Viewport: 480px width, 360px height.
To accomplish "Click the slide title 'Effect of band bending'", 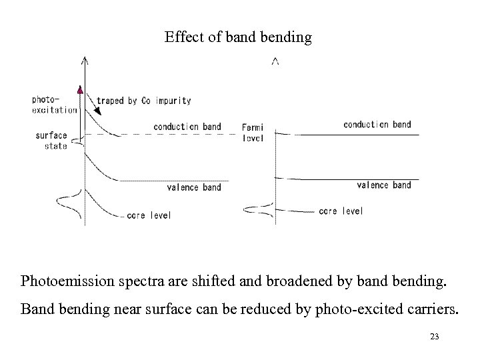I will [238, 37].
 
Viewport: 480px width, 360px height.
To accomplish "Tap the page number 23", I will [435, 337].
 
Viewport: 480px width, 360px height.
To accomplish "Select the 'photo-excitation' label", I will [53, 105].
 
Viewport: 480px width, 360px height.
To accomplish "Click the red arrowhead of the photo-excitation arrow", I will [80, 91].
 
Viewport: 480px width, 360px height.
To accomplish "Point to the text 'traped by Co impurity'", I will [144, 101].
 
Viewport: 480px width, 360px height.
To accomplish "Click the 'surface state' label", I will [51, 141].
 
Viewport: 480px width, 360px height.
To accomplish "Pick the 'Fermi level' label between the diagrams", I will [253, 133].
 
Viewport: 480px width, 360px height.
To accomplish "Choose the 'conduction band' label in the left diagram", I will [187, 127].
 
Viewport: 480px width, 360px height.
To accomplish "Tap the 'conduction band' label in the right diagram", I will [377, 124].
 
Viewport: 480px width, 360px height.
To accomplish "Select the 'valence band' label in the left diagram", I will [193, 187].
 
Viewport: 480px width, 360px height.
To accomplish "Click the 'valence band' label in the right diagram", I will [384, 185].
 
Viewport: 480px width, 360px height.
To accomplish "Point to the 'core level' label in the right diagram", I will [341, 211].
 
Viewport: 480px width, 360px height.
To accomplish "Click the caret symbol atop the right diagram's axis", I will [275, 62].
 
